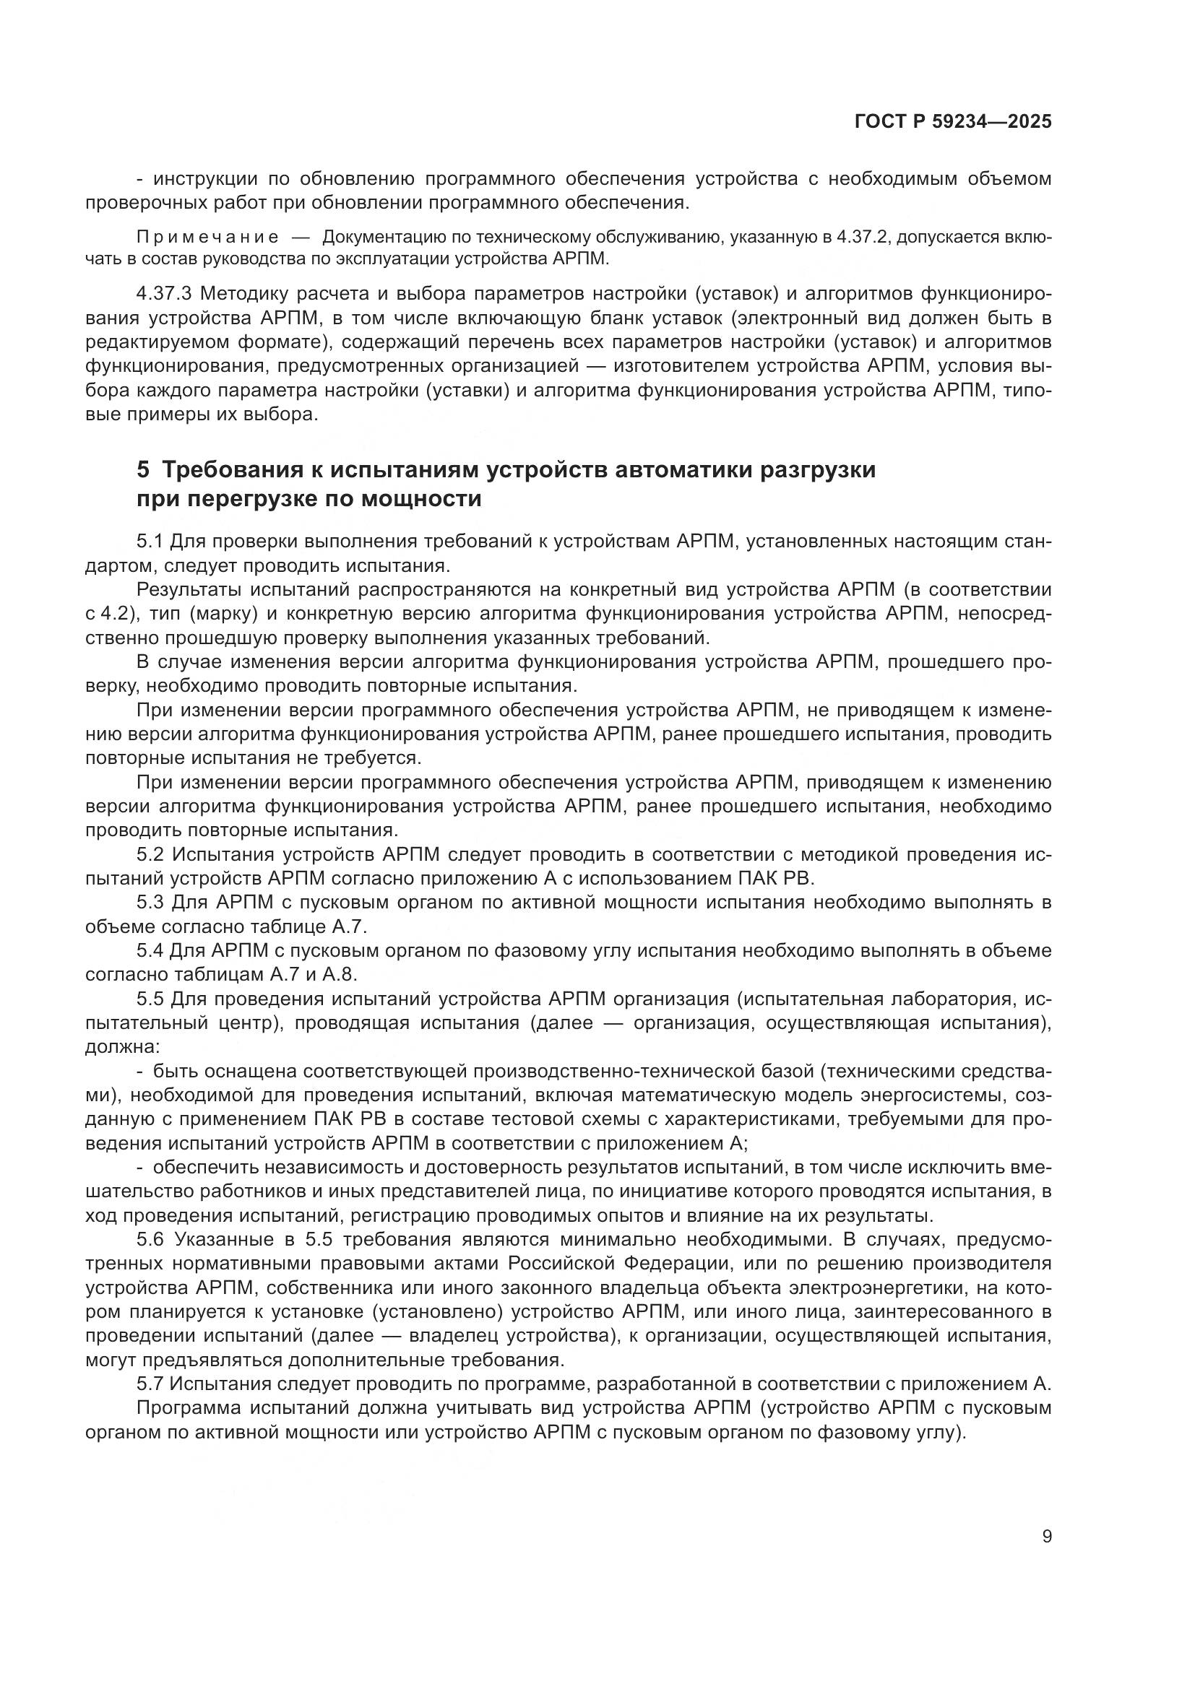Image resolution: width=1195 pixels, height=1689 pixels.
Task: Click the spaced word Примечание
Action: pos(207,237)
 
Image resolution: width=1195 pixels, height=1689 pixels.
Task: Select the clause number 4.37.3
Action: pos(164,294)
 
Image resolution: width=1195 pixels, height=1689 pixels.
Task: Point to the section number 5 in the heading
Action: pos(144,469)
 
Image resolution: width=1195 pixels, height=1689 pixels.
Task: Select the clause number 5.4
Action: pos(150,951)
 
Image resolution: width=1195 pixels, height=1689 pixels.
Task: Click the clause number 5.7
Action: pos(150,1384)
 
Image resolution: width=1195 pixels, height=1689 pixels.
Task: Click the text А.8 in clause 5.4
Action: pos(342,975)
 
